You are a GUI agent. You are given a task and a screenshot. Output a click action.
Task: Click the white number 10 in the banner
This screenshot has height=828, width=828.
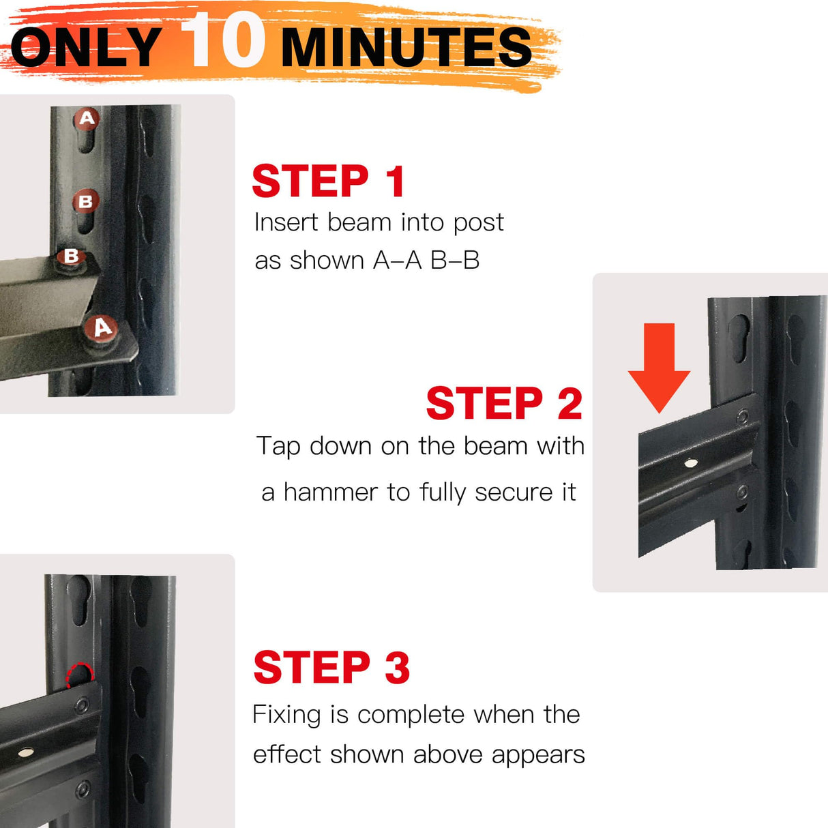(222, 40)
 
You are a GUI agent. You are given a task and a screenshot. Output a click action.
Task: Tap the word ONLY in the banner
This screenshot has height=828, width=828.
(87, 47)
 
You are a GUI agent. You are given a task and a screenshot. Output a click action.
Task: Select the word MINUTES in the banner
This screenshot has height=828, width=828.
(406, 47)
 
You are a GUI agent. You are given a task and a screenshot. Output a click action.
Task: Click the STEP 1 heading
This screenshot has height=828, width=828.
(328, 181)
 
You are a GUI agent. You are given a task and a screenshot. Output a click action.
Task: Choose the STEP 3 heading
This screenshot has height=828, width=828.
(331, 667)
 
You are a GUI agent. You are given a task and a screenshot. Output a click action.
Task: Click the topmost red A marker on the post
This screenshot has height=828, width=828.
(87, 119)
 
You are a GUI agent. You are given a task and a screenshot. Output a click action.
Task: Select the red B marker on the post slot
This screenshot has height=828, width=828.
(86, 201)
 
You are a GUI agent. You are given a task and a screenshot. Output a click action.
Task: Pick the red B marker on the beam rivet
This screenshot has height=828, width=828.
(71, 256)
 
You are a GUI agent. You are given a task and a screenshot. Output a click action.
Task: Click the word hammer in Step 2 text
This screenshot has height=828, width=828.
(330, 492)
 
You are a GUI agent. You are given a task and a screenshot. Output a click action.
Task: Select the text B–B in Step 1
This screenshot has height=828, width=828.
(455, 261)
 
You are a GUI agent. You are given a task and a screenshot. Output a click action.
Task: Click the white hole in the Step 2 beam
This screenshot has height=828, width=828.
(691, 463)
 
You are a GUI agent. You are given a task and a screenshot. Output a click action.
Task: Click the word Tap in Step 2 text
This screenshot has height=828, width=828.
(278, 447)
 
